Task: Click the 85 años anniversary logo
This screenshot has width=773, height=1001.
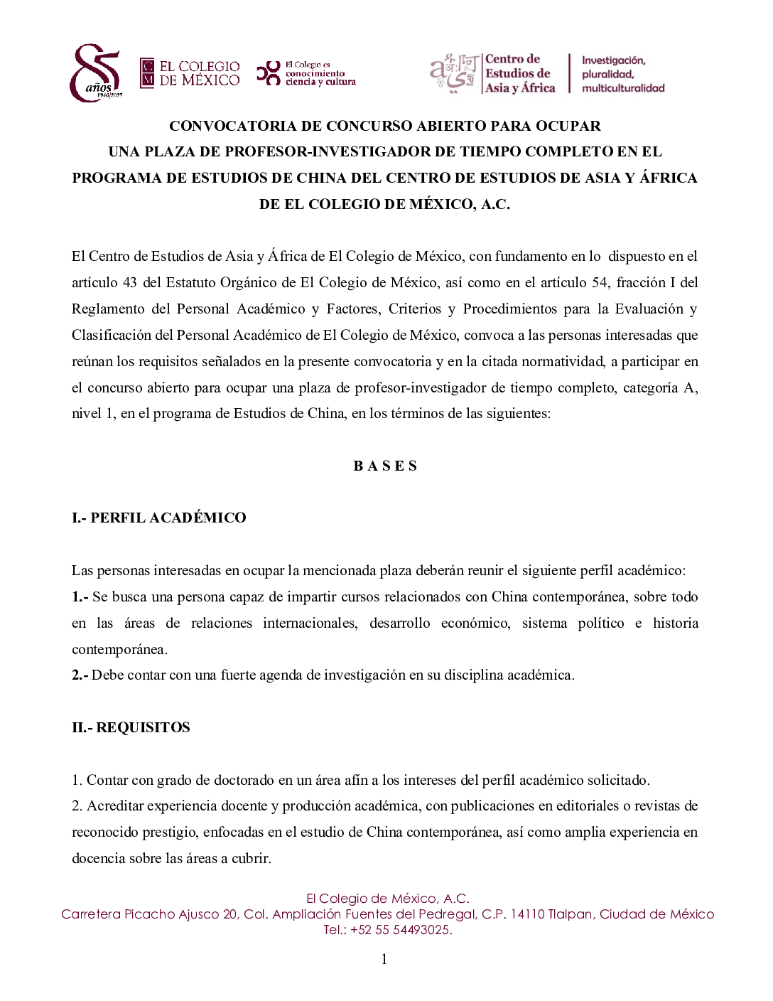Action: point(96,73)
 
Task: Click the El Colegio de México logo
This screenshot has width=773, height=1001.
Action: point(190,73)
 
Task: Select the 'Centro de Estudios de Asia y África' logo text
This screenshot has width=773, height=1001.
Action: point(519,73)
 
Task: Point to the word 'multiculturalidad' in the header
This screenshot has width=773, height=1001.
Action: point(623,88)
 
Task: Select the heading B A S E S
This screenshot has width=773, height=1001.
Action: point(385,466)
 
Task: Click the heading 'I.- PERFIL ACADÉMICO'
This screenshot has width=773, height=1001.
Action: point(158,518)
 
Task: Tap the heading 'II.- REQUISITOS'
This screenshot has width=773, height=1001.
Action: point(131,727)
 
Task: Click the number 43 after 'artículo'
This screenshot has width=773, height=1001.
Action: point(129,282)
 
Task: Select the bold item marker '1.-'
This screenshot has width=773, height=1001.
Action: point(80,596)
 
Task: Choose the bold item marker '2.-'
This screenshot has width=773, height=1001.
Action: point(80,675)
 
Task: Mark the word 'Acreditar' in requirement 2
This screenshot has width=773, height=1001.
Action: point(114,805)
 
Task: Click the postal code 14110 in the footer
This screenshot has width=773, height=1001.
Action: point(526,914)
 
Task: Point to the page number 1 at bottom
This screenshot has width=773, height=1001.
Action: point(384,960)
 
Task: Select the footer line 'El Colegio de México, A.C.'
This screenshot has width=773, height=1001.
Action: point(387,899)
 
